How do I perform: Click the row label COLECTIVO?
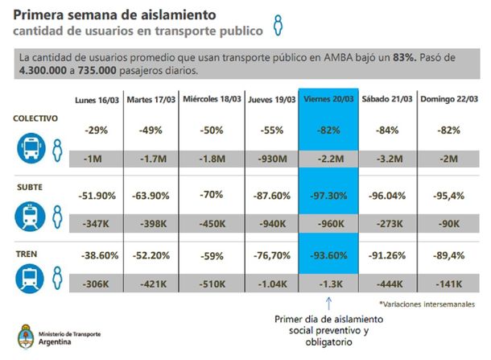[35, 118]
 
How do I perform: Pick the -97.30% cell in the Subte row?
[328, 197]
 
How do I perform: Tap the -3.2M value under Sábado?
[386, 159]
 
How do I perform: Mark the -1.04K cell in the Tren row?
[270, 284]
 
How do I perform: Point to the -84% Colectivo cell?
[386, 130]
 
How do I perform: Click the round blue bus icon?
[31, 148]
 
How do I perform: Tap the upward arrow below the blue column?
[328, 303]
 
